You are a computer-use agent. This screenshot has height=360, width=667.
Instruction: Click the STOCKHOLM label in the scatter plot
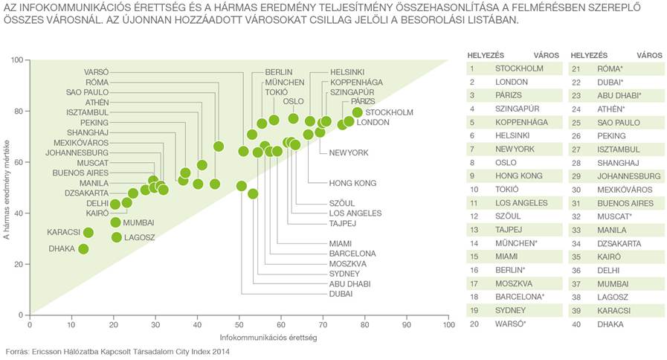tap(389, 112)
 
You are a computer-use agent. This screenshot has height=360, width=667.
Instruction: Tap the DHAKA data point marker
tap(83, 248)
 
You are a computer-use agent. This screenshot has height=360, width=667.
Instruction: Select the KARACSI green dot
tap(88, 233)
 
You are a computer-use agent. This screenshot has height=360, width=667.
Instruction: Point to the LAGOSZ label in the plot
tap(138, 237)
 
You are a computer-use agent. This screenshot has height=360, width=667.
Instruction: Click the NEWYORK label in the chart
tap(349, 152)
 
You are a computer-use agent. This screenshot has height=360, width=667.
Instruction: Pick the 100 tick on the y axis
tap(19, 60)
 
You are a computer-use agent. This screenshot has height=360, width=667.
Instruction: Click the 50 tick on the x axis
tap(239, 324)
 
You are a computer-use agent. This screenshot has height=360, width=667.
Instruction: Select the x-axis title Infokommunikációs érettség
tap(239, 338)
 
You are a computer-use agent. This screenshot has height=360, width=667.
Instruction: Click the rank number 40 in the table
tap(576, 324)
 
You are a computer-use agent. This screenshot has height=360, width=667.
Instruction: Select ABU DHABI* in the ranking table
tap(619, 95)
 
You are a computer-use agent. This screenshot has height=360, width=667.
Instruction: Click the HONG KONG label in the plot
tap(352, 183)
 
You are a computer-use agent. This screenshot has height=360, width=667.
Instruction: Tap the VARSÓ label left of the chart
tap(96, 72)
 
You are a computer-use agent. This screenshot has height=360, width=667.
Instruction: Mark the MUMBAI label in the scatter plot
tap(138, 222)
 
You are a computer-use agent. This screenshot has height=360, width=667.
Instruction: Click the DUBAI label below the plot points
tap(341, 294)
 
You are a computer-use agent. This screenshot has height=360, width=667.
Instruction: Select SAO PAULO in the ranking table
tap(619, 123)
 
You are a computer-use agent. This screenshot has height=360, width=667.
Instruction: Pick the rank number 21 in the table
tap(576, 68)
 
